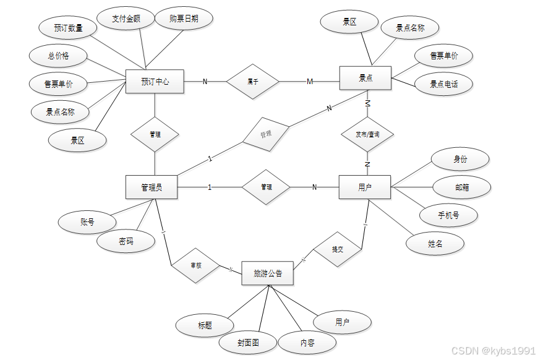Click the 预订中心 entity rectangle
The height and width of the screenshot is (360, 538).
[155, 81]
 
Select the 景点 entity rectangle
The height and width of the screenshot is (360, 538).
[365, 78]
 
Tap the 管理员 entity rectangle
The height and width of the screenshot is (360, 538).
[152, 187]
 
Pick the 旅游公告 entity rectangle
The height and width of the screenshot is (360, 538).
[267, 273]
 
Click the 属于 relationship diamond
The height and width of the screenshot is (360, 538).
[252, 81]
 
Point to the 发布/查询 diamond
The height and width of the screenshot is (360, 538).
[367, 134]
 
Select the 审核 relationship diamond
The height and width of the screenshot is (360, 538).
[196, 265]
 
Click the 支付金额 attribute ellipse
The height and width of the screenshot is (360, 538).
[126, 19]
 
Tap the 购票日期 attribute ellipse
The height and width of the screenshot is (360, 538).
[184, 19]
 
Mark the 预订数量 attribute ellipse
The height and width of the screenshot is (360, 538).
[68, 28]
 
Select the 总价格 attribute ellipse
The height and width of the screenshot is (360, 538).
[59, 56]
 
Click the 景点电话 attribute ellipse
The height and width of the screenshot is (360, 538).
[444, 84]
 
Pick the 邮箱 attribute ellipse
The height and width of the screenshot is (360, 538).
[461, 187]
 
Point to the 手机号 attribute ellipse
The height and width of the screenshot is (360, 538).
[448, 215]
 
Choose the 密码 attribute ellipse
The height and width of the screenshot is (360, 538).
[126, 241]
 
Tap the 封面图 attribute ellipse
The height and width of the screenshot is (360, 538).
[248, 342]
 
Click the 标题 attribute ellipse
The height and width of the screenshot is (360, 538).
[205, 325]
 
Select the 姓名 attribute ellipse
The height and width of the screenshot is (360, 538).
[435, 244]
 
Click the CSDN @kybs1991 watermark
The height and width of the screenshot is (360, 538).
[493, 351]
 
